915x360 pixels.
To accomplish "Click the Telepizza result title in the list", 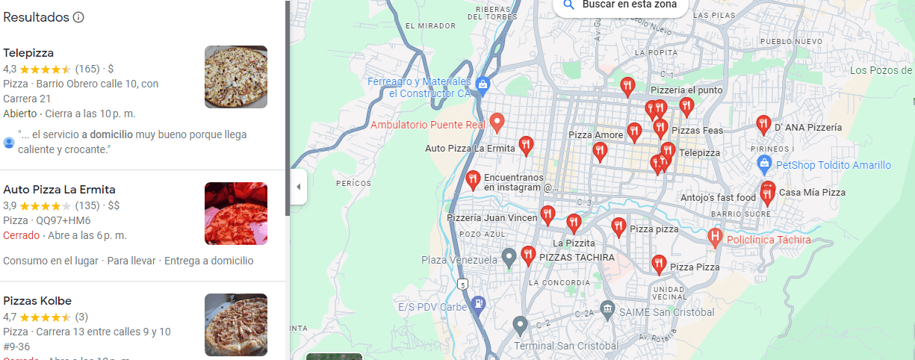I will tap(28, 53).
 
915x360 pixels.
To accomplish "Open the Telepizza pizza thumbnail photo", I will tap(235, 77).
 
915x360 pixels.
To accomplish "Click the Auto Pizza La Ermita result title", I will tap(59, 190).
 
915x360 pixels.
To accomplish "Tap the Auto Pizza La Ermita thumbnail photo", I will tap(235, 214).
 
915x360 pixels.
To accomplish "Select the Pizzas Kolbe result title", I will tap(37, 301).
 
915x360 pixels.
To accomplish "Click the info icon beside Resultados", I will tap(78, 17).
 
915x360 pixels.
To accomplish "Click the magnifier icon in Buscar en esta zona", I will tap(568, 4).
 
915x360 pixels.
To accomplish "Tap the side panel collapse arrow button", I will tap(298, 187).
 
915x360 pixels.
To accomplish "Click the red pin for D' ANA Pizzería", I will tap(763, 124).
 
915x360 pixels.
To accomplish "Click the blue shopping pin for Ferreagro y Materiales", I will tap(483, 85).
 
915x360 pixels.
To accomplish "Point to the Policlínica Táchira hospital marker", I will tap(715, 238).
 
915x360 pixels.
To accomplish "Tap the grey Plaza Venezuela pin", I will tap(509, 258).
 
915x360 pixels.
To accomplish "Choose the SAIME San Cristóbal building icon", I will tap(607, 308).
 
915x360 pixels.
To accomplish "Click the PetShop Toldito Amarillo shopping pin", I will tap(763, 163).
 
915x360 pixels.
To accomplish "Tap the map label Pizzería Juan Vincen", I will tap(491, 218).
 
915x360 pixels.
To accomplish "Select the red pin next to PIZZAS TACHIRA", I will tap(528, 255).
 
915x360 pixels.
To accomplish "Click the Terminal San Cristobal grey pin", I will tap(520, 326).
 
